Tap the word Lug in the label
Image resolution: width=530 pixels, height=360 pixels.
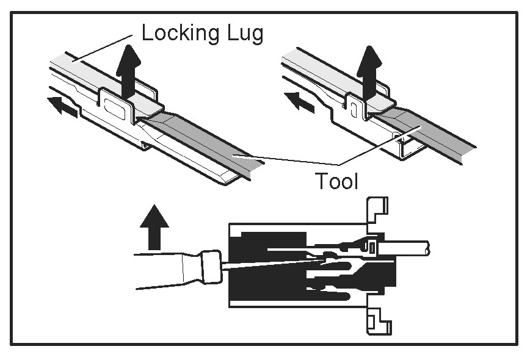[x=244, y=34]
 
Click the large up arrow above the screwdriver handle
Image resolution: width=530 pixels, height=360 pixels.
[x=153, y=226]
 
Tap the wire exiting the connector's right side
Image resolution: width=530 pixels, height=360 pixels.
[x=409, y=247]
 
